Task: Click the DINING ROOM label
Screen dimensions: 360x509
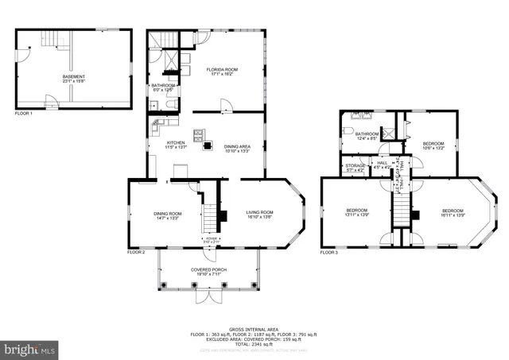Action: pos(168,215)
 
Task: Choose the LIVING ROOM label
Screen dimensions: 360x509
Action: pos(259,214)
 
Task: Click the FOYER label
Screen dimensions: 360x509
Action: pos(211,239)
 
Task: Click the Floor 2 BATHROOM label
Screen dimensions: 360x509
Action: pos(162,87)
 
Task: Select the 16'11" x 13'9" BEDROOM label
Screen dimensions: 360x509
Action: pos(453,212)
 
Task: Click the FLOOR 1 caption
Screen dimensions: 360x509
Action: pos(23,114)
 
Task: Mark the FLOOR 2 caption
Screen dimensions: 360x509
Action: pos(136,252)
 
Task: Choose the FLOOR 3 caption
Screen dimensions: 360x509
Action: pos(329,252)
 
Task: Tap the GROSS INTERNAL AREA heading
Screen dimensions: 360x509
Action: pos(254,328)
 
